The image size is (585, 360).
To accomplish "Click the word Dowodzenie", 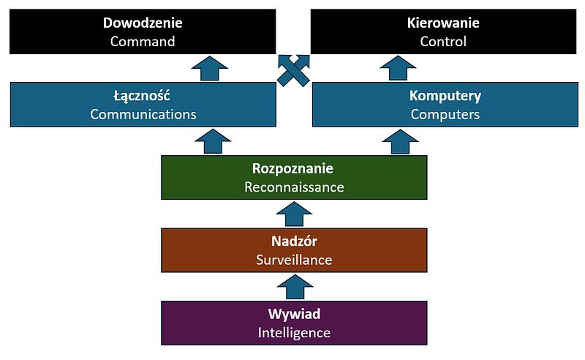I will [143, 23].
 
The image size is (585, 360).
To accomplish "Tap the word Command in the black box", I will [143, 41].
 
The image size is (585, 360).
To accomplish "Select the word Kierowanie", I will [443, 23].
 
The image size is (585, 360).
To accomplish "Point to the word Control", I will [443, 41].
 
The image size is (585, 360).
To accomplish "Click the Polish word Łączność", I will [143, 96].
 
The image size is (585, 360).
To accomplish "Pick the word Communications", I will [143, 114].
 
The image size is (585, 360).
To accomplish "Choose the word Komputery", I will [445, 96].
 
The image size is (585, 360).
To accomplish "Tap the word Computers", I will [445, 114].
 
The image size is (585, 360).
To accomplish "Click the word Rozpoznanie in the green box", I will [294, 168].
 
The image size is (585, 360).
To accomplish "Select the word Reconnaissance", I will [294, 187].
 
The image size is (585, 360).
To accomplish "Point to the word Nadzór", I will [294, 241].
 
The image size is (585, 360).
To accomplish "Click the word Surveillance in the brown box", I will [294, 260].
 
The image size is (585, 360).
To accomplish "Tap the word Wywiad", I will [294, 314].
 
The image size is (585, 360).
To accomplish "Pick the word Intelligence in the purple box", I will [294, 333].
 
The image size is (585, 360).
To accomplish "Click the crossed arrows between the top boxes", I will [294, 70].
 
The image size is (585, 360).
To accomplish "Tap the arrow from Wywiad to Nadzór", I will [294, 287].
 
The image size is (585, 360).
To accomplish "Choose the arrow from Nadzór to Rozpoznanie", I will [294, 214].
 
